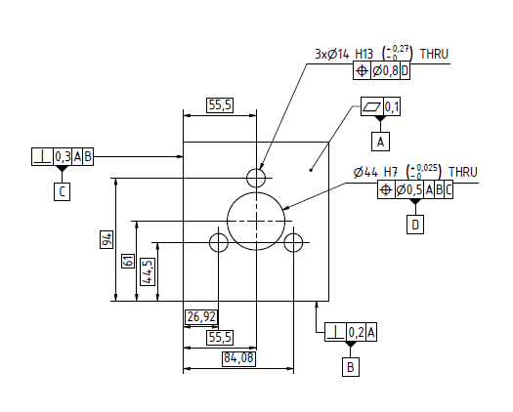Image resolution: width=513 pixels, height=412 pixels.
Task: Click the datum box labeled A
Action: coord(382,142)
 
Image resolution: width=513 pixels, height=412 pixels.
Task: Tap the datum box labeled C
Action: coord(62,191)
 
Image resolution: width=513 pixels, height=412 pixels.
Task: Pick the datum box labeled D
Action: coord(415,225)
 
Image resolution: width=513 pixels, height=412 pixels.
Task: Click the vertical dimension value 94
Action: coord(107,238)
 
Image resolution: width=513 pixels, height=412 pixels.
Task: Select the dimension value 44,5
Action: coord(147,269)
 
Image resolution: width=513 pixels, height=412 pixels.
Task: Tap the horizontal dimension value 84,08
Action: coord(238,357)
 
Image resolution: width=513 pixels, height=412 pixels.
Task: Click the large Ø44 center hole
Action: coord(254,221)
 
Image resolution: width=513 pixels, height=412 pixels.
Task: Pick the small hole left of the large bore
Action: coord(221,242)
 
